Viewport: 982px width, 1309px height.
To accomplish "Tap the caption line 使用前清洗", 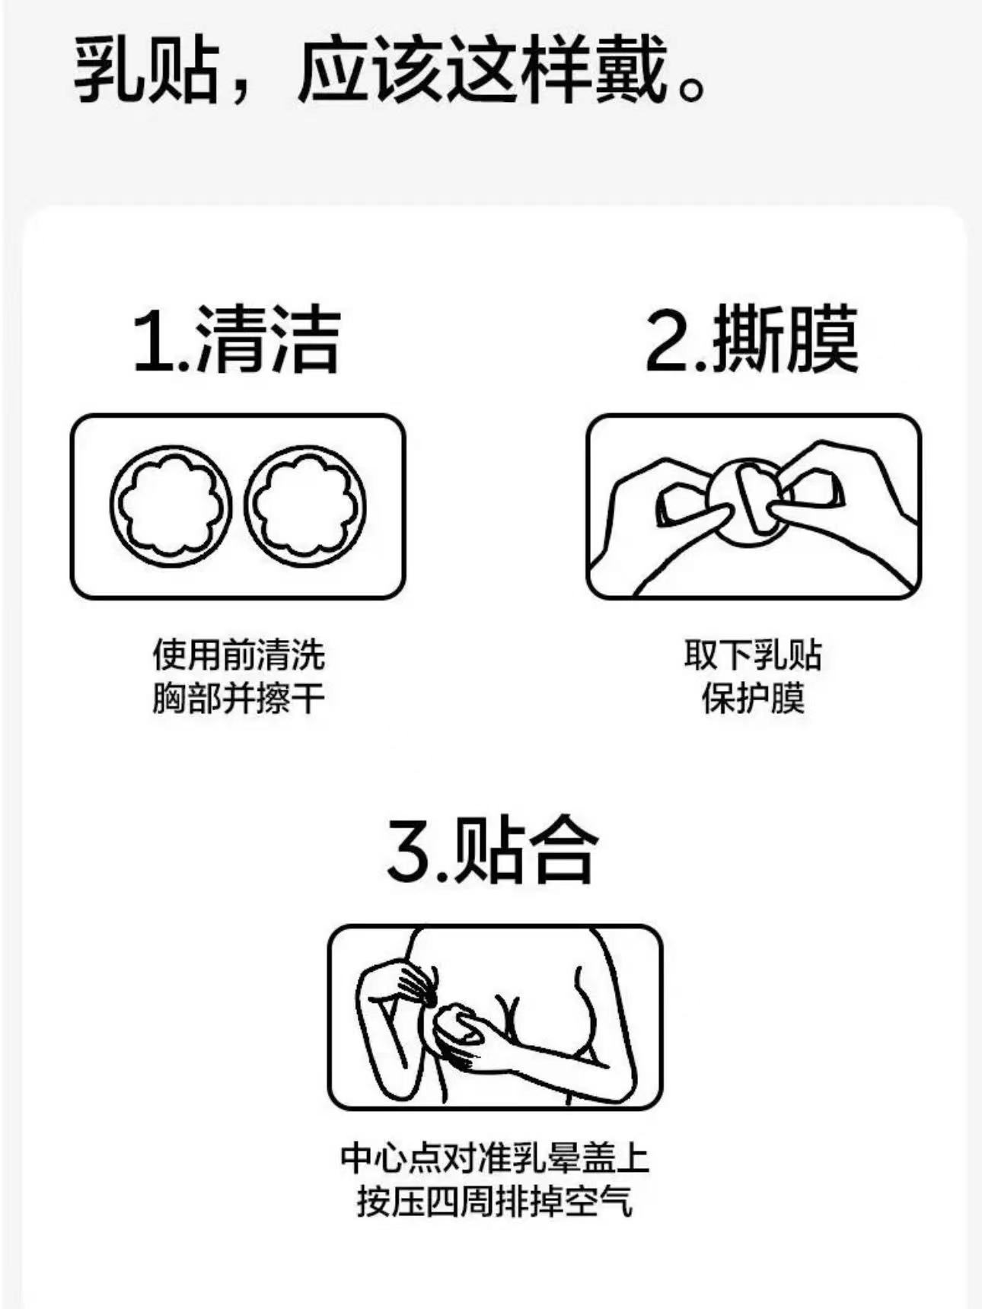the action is click(x=238, y=655).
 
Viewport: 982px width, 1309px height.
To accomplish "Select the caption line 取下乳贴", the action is click(x=753, y=655).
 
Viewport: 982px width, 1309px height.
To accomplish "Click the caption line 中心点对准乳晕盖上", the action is click(x=495, y=1158).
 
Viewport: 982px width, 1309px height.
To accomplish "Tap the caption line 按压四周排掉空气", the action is click(x=495, y=1202).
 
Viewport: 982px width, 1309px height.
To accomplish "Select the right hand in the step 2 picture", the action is click(x=845, y=495).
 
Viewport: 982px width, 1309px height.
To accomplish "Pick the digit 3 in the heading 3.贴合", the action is click(x=409, y=850).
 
